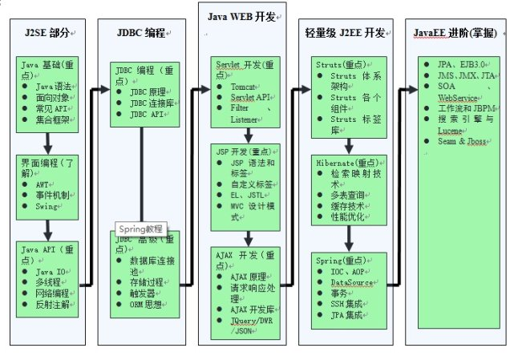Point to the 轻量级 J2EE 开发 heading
[x=345, y=34]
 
